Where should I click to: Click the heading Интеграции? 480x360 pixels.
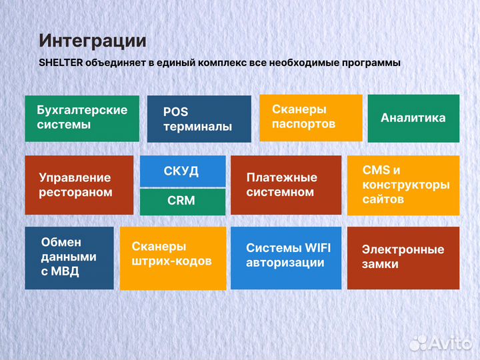click(x=93, y=41)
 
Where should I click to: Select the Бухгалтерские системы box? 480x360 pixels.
click(x=82, y=118)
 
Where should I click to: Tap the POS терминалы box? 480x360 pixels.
click(x=199, y=119)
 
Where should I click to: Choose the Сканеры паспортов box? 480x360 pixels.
click(x=310, y=117)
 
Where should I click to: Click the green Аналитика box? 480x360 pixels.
click(x=413, y=118)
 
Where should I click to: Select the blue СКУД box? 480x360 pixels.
click(x=182, y=171)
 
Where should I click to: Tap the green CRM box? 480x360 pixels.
click(x=182, y=201)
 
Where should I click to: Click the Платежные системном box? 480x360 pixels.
click(x=285, y=185)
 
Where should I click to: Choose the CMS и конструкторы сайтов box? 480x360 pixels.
click(x=403, y=185)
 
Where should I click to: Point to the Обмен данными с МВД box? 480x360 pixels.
click(x=69, y=258)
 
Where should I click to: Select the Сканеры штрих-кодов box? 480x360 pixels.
click(x=173, y=258)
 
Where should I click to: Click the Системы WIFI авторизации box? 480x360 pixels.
click(x=285, y=258)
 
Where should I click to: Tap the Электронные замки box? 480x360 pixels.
click(x=403, y=258)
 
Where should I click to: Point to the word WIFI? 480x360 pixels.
click(x=317, y=248)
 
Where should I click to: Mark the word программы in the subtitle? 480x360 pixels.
click(x=369, y=63)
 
